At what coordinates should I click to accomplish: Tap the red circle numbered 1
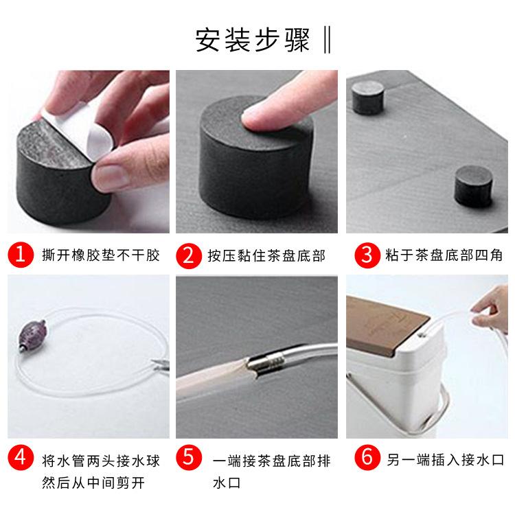point(21,255)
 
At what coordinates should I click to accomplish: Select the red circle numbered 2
point(187,255)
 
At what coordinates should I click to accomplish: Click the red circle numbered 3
point(367,255)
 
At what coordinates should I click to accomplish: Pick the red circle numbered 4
point(21,457)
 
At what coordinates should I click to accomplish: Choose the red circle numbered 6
point(367,457)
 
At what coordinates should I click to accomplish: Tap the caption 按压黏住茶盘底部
point(266,256)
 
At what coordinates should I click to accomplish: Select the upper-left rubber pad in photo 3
point(367,96)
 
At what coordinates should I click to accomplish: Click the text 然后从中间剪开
point(93,483)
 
